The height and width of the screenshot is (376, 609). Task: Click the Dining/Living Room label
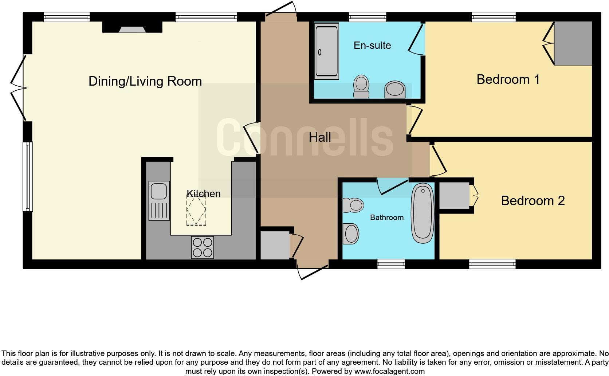click(145, 81)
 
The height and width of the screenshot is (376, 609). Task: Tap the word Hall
click(320, 137)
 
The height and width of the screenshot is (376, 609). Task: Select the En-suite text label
click(372, 46)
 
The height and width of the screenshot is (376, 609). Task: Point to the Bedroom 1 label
click(508, 79)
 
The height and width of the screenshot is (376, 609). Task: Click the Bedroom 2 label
click(533, 201)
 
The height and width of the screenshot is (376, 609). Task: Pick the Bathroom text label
click(386, 218)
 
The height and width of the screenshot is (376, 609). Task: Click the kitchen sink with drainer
click(159, 201)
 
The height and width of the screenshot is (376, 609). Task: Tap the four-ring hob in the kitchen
click(203, 247)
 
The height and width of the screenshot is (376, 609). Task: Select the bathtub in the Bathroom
click(423, 213)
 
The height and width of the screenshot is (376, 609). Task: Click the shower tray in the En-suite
click(326, 51)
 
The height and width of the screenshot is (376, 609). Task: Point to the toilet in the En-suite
click(361, 87)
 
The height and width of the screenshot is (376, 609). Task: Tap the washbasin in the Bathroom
click(351, 234)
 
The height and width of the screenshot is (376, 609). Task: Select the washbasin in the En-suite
click(395, 89)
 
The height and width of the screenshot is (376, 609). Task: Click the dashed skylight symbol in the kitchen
click(196, 210)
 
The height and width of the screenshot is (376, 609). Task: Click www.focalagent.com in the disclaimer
click(389, 371)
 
